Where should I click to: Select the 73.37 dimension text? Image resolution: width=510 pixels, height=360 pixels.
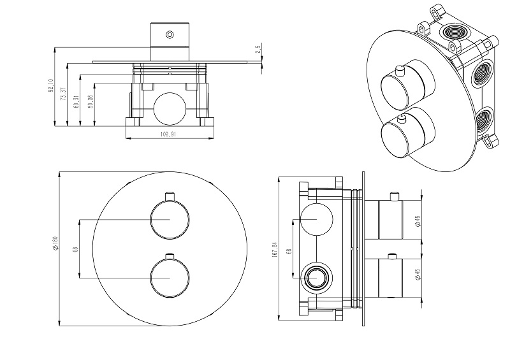click(x=63, y=94)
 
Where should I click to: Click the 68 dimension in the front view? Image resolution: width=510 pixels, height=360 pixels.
click(x=76, y=250)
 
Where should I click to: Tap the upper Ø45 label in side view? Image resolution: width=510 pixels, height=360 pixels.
click(x=417, y=220)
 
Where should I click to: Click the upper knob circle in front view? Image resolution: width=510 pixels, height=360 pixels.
click(x=168, y=220)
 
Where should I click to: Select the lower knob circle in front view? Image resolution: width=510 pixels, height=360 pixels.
click(x=168, y=278)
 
